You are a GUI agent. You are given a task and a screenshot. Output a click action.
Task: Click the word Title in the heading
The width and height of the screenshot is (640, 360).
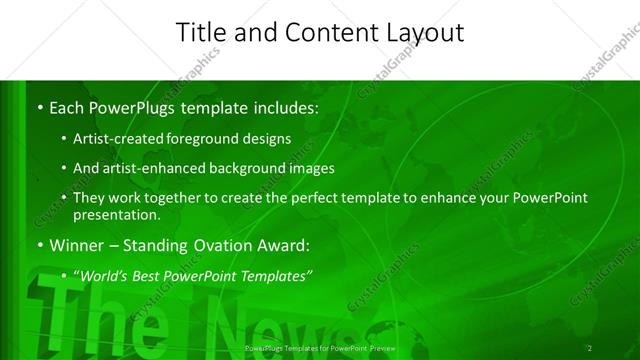199,32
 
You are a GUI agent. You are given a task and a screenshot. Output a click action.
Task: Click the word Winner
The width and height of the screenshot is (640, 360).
78,245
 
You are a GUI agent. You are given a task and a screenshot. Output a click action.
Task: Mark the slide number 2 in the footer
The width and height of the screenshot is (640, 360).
590,349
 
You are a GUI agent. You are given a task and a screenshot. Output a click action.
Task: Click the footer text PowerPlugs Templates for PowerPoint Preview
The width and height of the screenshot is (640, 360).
320,349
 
